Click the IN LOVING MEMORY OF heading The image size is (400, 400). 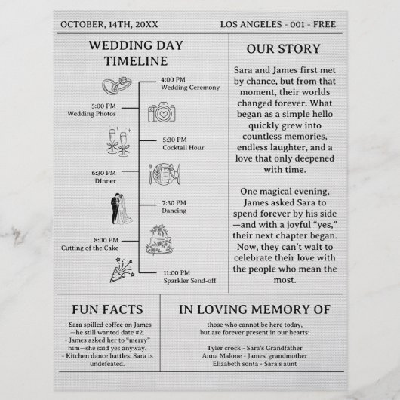tap(265, 309)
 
